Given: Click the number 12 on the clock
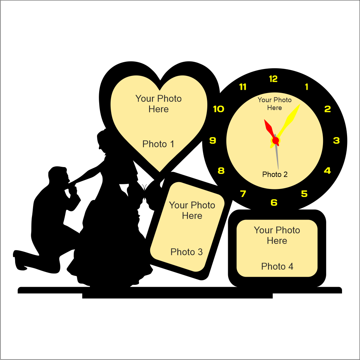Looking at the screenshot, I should pyautogui.click(x=273, y=79).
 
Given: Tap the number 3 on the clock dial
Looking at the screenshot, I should pyautogui.click(x=336, y=140).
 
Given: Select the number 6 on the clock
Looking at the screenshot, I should pyautogui.click(x=274, y=203).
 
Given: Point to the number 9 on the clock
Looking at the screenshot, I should pyautogui.click(x=213, y=140).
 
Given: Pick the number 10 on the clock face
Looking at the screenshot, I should pyautogui.click(x=219, y=109).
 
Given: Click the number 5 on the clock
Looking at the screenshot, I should pyautogui.click(x=304, y=194).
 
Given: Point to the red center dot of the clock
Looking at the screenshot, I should pyautogui.click(x=276, y=141).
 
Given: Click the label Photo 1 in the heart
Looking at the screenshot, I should pyautogui.click(x=158, y=144).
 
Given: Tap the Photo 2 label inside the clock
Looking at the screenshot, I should pyautogui.click(x=275, y=175).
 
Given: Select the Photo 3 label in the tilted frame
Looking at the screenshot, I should pyautogui.click(x=186, y=252).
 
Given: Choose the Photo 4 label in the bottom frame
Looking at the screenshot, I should pyautogui.click(x=277, y=266).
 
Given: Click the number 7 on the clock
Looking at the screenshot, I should pyautogui.click(x=243, y=194).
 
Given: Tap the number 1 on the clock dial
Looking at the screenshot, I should pyautogui.click(x=306, y=87).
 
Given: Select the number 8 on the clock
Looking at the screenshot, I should pyautogui.click(x=221, y=171).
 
